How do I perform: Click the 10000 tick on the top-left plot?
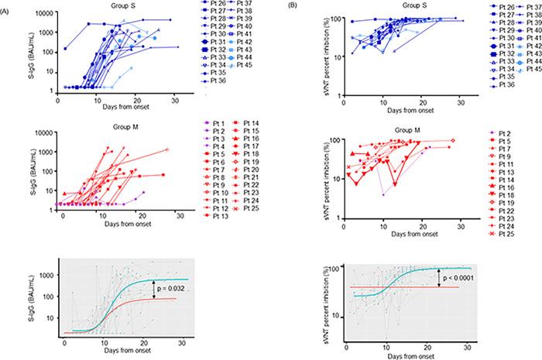[43, 13]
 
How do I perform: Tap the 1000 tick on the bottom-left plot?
[44, 275]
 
